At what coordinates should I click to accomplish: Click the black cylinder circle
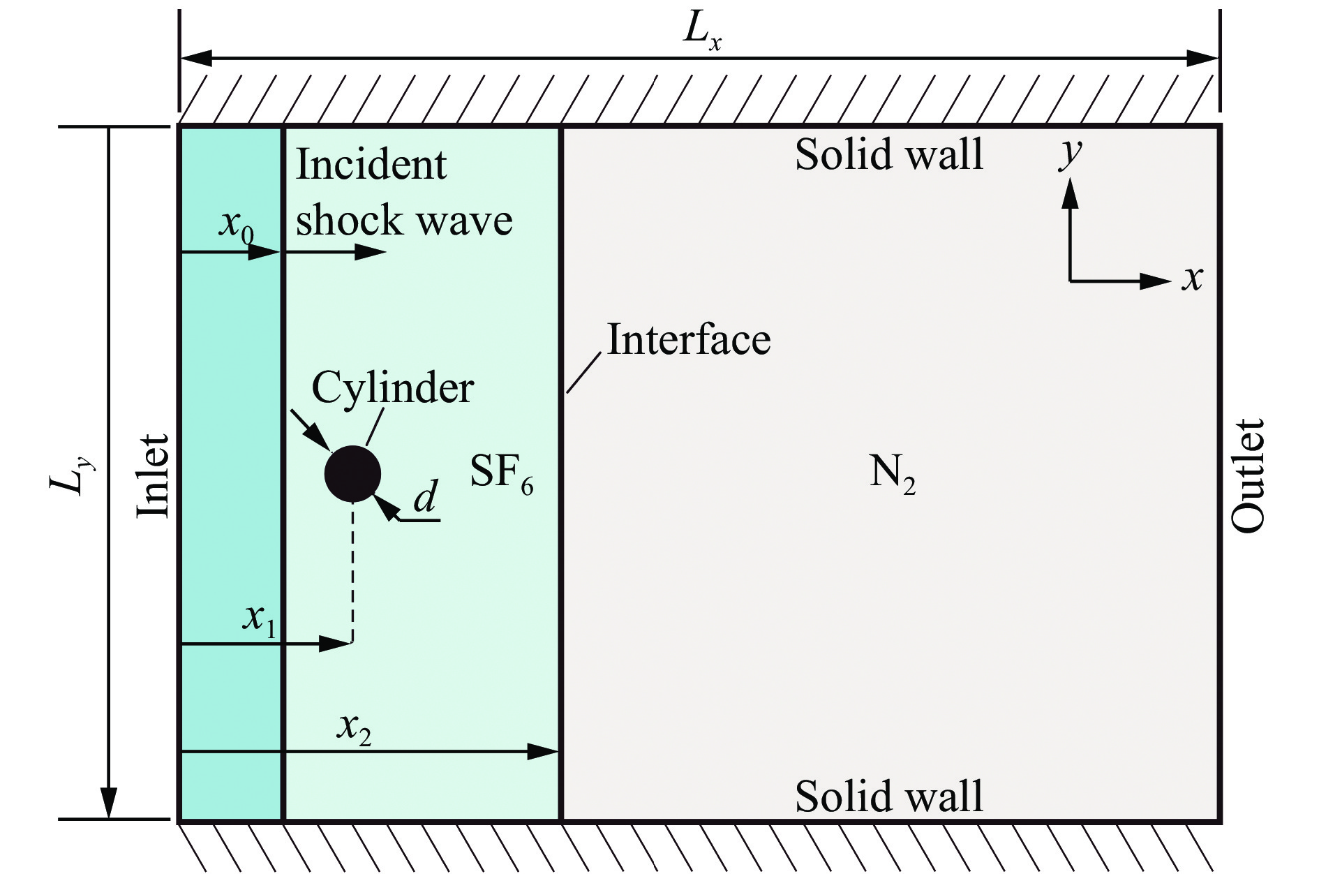pyautogui.click(x=352, y=474)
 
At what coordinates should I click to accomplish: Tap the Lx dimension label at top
pyautogui.click(x=701, y=32)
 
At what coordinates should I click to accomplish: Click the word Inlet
pyautogui.click(x=153, y=475)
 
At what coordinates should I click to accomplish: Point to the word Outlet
pyautogui.click(x=1248, y=475)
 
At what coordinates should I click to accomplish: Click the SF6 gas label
pyautogui.click(x=501, y=473)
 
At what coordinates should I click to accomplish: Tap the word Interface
pyautogui.click(x=689, y=340)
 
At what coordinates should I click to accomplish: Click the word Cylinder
pyautogui.click(x=392, y=387)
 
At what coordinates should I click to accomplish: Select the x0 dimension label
pyautogui.click(x=236, y=225)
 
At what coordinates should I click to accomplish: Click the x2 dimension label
pyautogui.click(x=354, y=728)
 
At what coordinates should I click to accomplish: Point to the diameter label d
pyautogui.click(x=426, y=497)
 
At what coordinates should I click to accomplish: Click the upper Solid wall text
pyautogui.click(x=889, y=154)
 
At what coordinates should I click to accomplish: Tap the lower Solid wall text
pyautogui.click(x=889, y=796)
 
